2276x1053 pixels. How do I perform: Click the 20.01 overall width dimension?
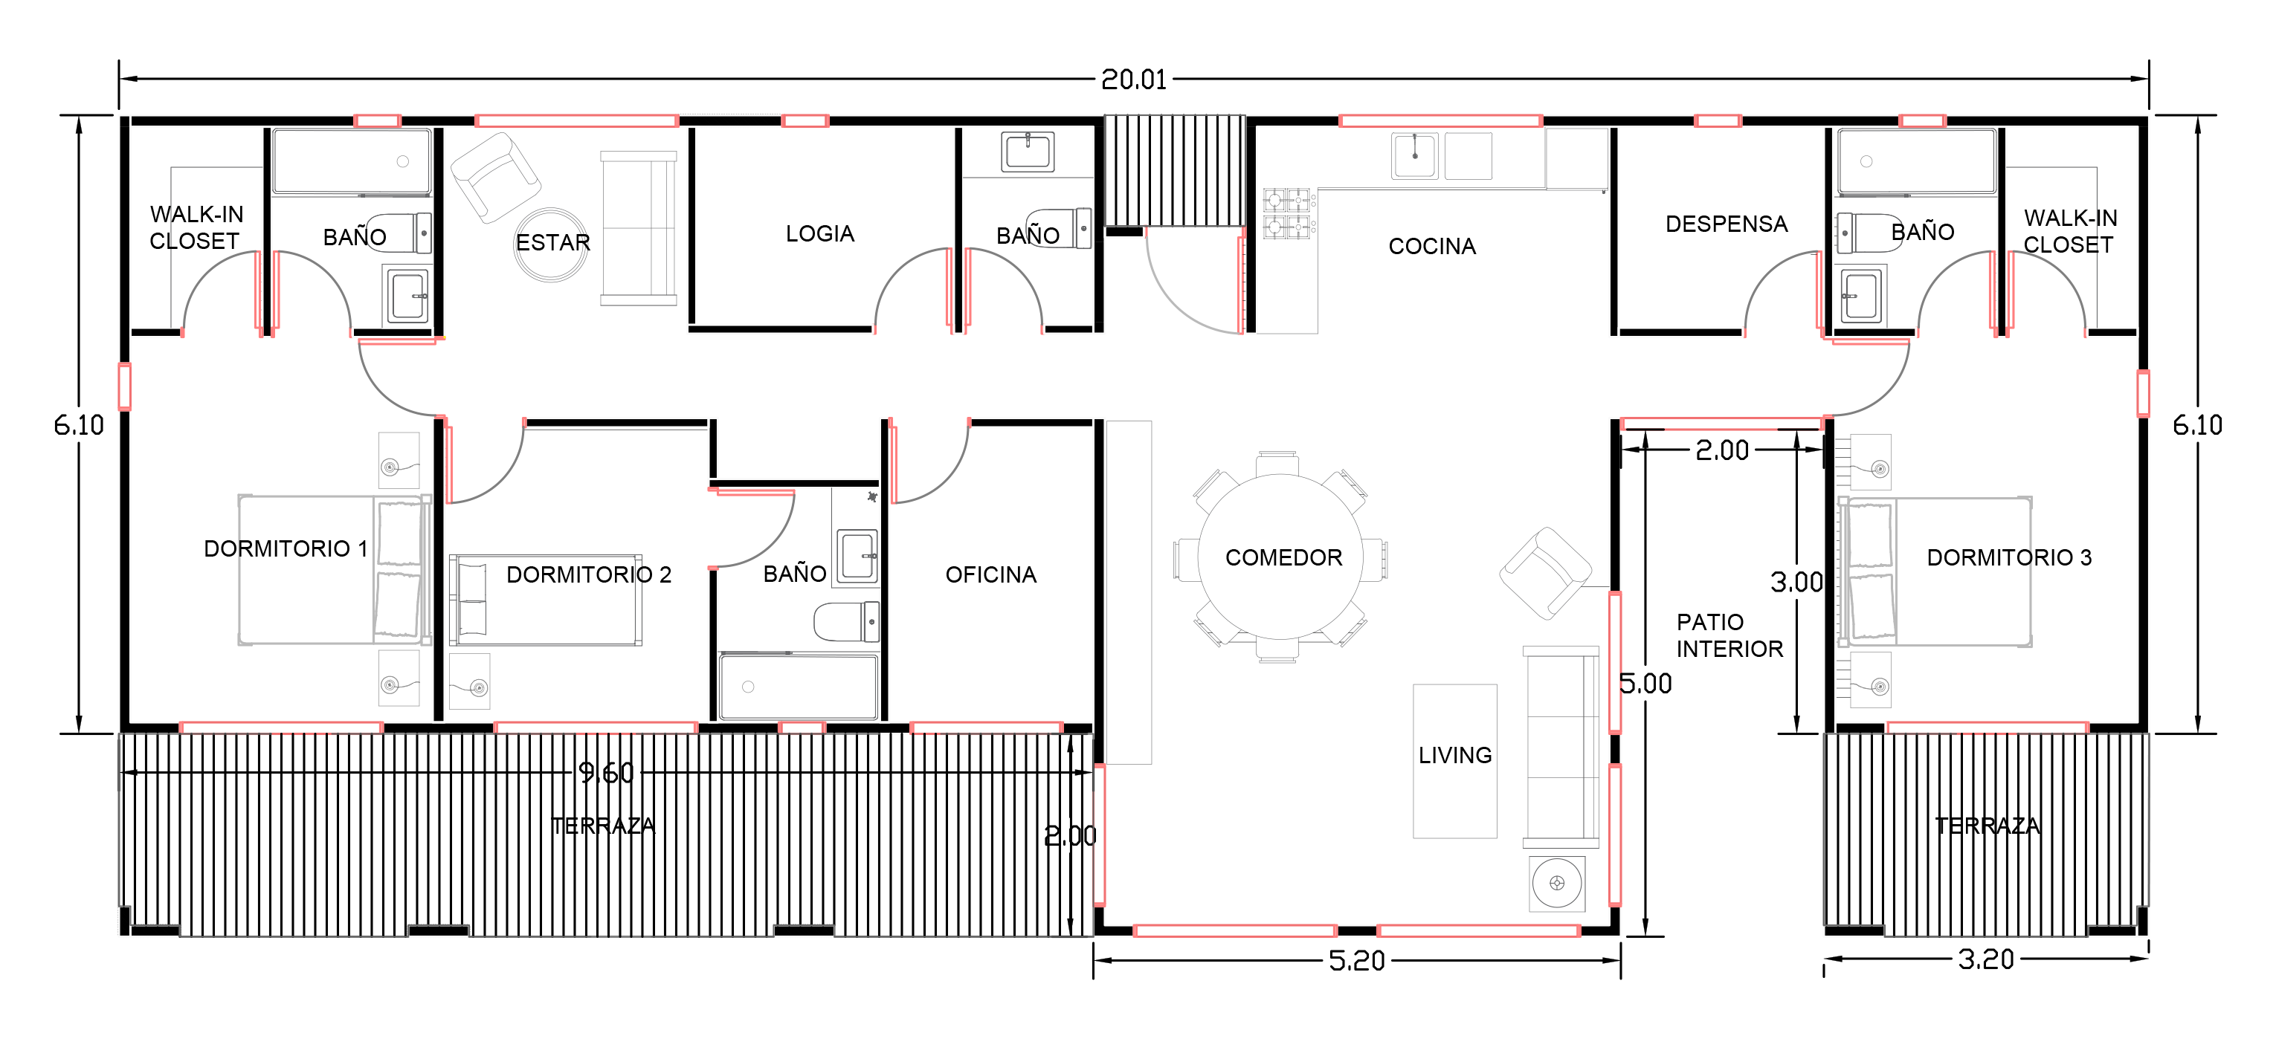[1134, 80]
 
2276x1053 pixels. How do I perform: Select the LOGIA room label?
[820, 233]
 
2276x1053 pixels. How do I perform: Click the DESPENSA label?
[1727, 224]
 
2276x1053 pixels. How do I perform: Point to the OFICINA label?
[990, 575]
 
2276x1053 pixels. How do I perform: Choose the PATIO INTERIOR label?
[1729, 635]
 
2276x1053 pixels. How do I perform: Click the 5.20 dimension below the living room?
[1356, 961]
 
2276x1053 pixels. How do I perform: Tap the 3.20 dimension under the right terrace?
[1985, 959]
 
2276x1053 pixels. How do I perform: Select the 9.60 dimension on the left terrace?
[606, 773]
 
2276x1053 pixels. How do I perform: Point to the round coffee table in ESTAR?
[551, 244]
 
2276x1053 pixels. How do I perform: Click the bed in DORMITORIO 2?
[545, 600]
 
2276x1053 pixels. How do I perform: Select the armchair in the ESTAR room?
[496, 178]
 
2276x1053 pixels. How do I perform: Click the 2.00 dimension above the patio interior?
[1721, 450]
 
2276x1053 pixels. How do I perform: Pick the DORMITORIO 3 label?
[2009, 557]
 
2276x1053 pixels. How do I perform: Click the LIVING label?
[1454, 755]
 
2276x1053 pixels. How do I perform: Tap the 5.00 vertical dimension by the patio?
[1645, 684]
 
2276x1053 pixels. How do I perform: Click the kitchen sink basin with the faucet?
[1414, 155]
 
